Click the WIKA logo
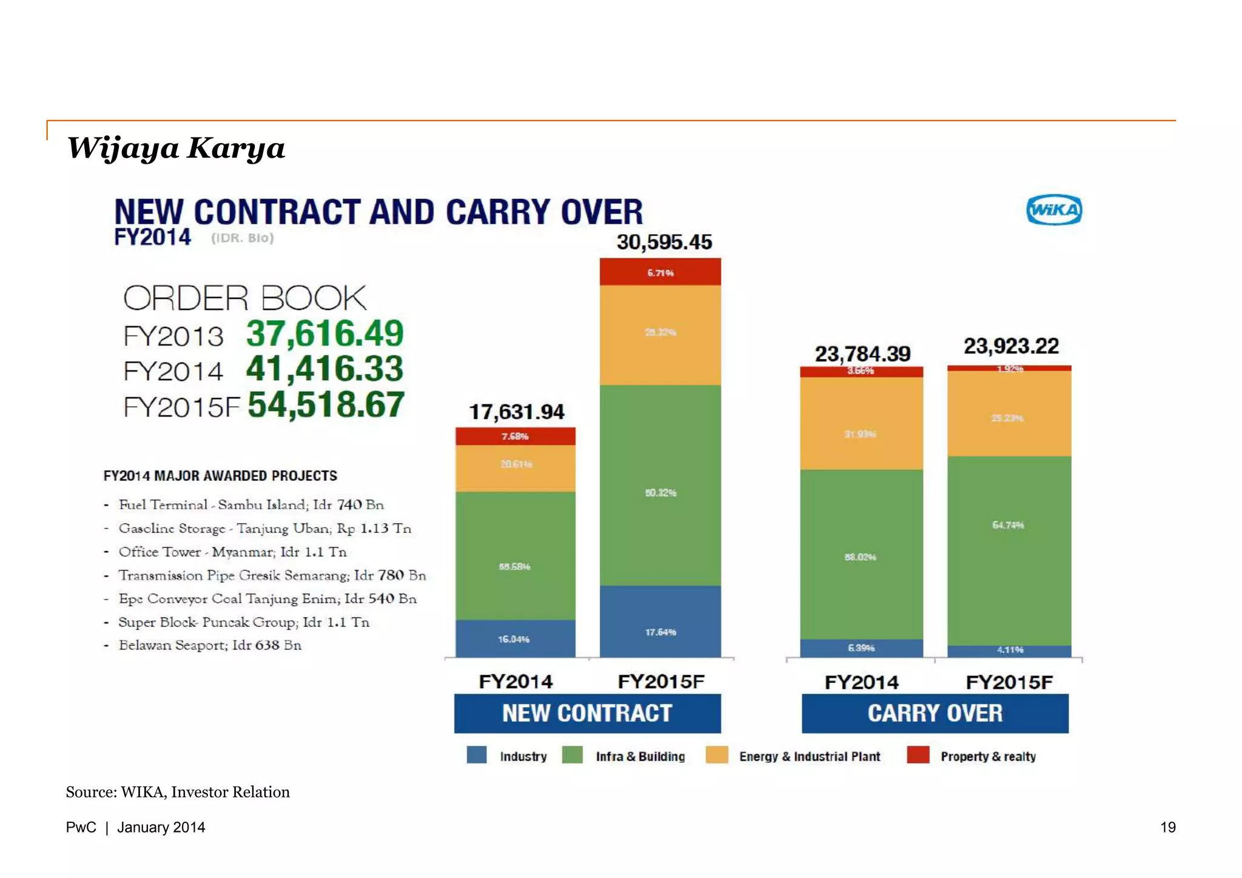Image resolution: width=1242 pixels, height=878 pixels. [1054, 210]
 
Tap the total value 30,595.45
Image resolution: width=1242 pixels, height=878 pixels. [664, 242]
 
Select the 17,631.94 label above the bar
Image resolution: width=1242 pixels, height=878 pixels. [516, 412]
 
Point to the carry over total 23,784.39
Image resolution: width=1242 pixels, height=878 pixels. [862, 354]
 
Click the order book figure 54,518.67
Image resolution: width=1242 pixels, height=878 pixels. [326, 404]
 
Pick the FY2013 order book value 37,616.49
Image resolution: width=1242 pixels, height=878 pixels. [324, 333]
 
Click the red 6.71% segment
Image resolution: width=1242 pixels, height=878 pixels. [660, 272]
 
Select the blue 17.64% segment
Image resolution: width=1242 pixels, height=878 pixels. [660, 622]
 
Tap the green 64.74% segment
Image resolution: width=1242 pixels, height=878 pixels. [1009, 551]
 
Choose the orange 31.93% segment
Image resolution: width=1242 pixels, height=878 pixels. [861, 423]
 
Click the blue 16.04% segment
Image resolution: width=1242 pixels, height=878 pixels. [515, 638]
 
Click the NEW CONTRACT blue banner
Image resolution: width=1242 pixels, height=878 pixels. [587, 713]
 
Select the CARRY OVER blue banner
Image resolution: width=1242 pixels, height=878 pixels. [935, 713]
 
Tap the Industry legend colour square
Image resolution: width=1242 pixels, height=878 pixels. [477, 755]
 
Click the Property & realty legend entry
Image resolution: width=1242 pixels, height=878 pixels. [987, 756]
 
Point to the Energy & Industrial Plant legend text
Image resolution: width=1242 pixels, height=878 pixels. [809, 756]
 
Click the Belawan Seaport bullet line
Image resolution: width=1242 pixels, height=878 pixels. [210, 645]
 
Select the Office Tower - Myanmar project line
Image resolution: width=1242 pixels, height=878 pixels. [232, 552]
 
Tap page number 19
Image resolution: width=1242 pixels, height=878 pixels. [1167, 827]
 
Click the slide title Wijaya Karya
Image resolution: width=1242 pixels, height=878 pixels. [176, 148]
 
